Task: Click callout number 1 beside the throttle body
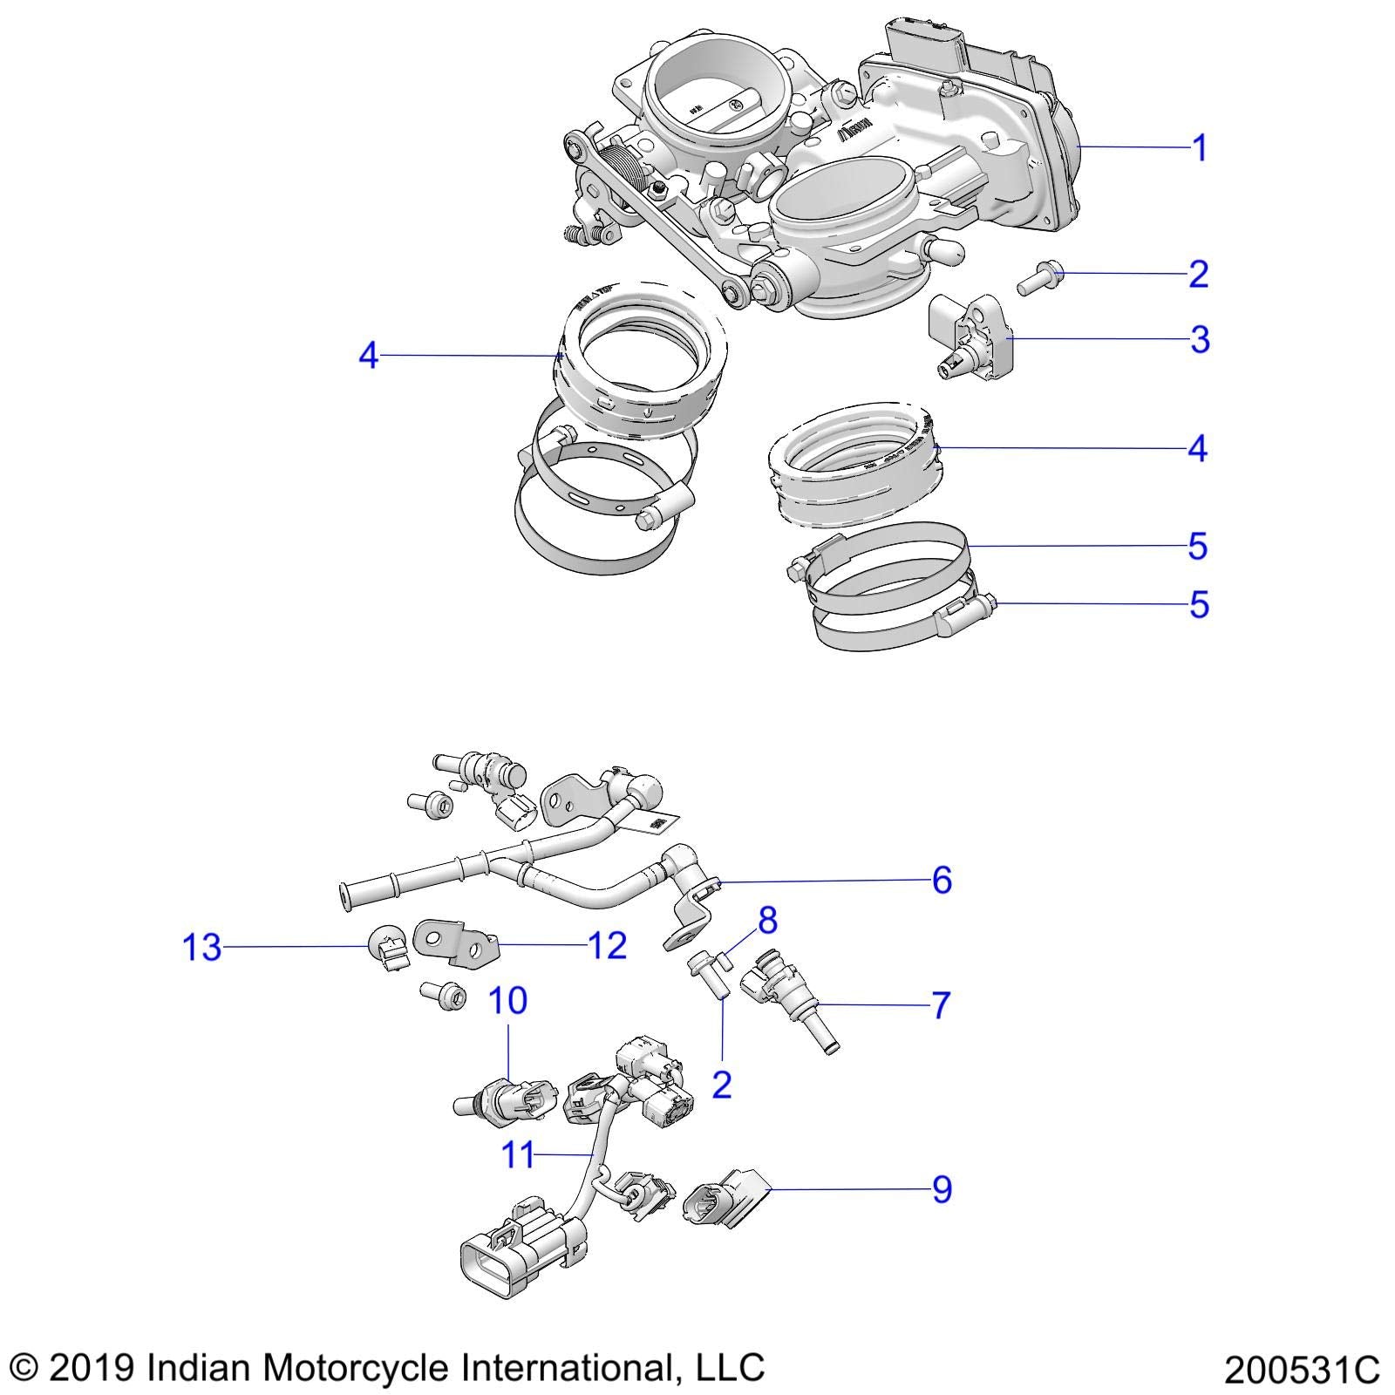1200,148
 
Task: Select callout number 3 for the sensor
1200,339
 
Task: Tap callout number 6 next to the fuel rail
942,881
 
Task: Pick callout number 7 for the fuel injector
940,1005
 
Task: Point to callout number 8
767,920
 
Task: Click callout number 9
942,1189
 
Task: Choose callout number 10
507,1000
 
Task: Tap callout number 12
607,945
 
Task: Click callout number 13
201,947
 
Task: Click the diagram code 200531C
1301,1370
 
